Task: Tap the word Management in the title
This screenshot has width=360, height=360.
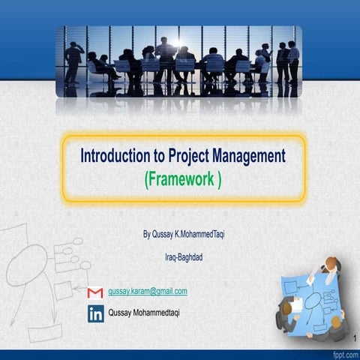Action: (250, 156)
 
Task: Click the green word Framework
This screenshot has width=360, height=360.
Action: (181, 179)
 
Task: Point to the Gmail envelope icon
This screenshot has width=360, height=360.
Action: (95, 292)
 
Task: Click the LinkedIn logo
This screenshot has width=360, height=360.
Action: (95, 313)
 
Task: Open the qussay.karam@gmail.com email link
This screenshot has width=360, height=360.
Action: (148, 291)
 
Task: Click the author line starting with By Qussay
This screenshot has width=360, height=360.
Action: (183, 234)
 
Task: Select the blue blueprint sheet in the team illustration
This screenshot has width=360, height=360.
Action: (307, 296)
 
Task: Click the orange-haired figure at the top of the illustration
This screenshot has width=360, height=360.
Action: (330, 265)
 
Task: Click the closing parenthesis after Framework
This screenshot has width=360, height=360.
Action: (218, 180)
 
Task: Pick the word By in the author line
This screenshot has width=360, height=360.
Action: (147, 234)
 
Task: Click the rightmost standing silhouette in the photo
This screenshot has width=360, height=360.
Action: (292, 61)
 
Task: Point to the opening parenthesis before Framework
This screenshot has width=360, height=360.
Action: (145, 180)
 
